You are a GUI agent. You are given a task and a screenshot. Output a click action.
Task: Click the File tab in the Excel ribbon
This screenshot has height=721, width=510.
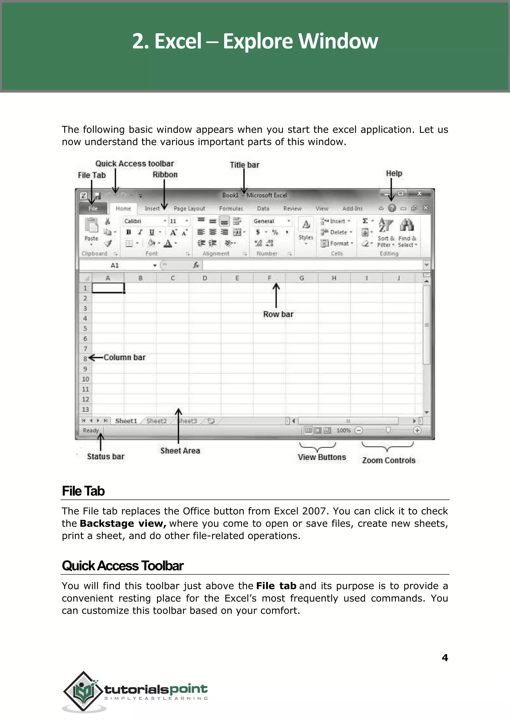93,209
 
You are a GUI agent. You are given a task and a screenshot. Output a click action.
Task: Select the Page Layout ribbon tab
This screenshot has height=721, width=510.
189,209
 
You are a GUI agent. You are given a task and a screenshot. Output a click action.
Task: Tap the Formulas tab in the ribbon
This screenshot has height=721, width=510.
231,209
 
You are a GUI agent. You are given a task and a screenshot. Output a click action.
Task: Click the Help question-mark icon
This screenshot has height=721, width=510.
392,208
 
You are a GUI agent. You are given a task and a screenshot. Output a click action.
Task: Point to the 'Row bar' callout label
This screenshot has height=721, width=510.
278,314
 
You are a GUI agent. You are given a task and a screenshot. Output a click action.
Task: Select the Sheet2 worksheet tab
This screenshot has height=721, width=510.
156,421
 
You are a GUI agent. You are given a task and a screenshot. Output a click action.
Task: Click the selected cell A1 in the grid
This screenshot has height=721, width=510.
108,288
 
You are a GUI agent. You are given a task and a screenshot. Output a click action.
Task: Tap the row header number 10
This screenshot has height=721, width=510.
85,379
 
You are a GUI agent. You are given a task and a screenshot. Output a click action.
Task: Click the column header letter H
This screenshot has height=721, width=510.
334,278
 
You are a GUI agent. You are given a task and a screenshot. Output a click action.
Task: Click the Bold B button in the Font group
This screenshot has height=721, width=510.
128,232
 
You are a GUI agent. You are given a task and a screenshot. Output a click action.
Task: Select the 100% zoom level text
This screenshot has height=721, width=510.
343,431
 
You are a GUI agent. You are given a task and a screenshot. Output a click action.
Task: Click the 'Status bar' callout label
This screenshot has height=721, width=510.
106,456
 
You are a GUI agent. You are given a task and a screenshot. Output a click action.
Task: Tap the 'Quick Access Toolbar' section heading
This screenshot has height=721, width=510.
123,566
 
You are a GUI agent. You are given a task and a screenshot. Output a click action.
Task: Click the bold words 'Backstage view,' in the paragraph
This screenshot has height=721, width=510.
123,523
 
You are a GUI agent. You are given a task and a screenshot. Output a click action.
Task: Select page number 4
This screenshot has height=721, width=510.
445,657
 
